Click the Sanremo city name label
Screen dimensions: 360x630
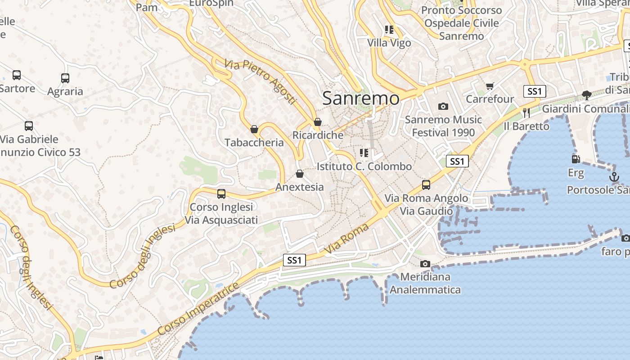pos(361,98)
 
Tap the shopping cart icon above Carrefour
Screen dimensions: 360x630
pos(490,86)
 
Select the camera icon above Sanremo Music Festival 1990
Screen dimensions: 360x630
pos(443,107)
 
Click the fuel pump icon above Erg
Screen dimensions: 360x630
pos(576,159)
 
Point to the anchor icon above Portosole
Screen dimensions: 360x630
pos(614,177)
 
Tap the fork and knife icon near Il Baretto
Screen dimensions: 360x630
pos(526,112)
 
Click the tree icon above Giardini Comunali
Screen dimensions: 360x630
pos(586,95)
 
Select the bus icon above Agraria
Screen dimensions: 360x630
pos(65,78)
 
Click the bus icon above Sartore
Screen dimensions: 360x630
pos(17,75)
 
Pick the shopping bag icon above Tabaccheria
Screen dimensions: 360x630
pos(254,130)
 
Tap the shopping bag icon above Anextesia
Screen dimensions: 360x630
pos(300,174)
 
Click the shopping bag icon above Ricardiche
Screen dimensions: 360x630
pos(318,122)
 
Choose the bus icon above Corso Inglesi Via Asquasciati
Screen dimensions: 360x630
pos(221,194)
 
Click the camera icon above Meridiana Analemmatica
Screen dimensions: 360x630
pos(425,264)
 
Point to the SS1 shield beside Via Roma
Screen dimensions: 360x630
pos(294,260)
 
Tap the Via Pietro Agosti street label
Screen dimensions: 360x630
pos(261,81)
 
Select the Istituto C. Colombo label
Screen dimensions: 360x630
pos(364,166)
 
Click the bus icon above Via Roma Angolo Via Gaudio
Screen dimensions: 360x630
pos(426,185)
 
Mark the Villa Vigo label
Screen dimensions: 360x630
pos(389,43)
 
